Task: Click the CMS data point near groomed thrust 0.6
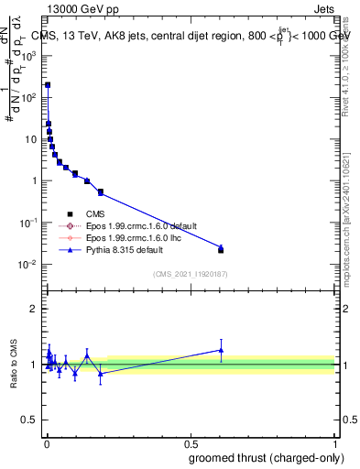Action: coord(221,250)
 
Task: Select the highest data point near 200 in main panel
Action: coord(48,84)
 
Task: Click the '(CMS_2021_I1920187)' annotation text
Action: coord(191,273)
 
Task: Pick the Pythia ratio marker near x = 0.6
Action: coord(221,349)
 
